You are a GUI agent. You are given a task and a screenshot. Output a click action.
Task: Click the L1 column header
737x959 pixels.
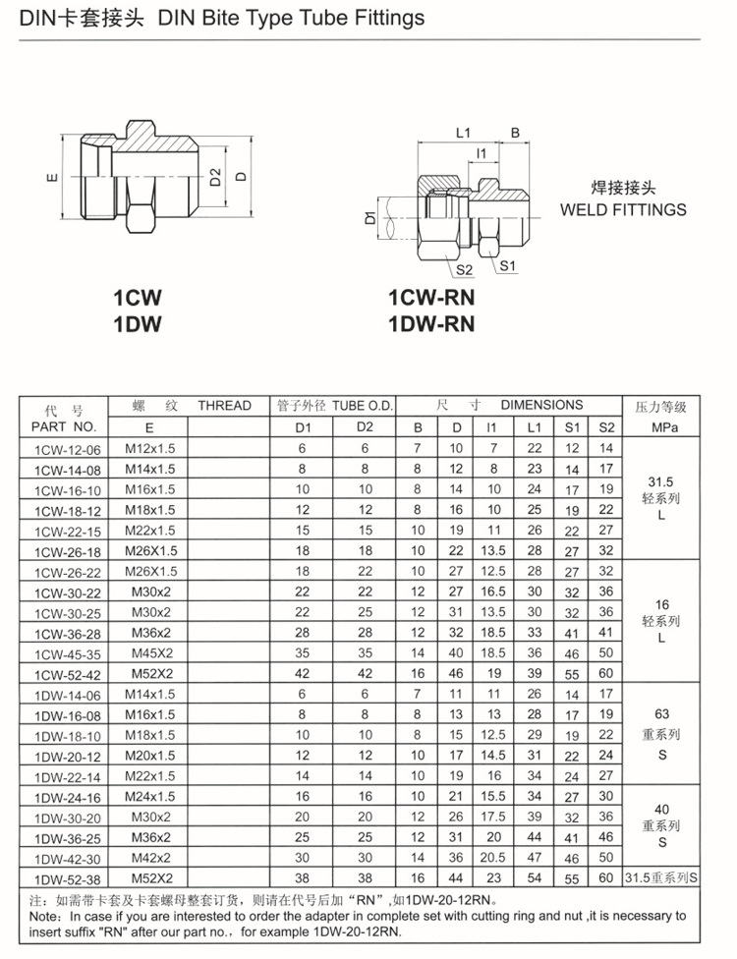(x=535, y=427)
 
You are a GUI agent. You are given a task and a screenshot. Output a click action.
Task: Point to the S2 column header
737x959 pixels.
(x=605, y=427)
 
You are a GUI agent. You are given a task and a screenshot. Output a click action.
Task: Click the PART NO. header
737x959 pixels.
(x=64, y=426)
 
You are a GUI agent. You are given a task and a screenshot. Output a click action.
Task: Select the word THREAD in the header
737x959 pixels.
(x=224, y=406)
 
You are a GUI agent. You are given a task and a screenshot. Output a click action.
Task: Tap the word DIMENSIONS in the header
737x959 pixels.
(x=541, y=405)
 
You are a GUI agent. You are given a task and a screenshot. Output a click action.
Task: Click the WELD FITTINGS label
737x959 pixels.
(x=623, y=209)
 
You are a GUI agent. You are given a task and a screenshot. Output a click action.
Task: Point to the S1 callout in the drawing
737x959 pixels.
(x=508, y=265)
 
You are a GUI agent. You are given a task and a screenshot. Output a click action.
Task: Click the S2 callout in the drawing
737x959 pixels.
(x=464, y=268)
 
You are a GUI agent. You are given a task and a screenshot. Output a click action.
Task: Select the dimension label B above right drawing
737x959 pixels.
(x=515, y=134)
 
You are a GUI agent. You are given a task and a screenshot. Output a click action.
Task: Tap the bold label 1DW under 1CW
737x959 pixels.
(x=137, y=322)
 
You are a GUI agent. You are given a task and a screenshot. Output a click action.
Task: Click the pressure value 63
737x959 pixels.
(x=661, y=714)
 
